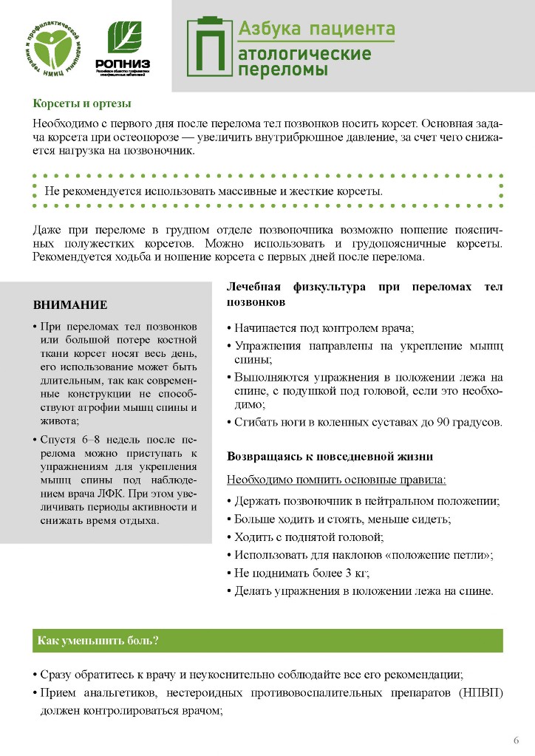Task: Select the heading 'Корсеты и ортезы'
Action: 82,103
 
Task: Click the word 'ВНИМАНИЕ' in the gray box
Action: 70,304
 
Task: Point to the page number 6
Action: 516,740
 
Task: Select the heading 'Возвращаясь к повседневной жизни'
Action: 330,457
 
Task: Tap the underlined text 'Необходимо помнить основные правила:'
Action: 336,480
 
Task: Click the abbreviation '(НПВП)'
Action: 480,693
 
